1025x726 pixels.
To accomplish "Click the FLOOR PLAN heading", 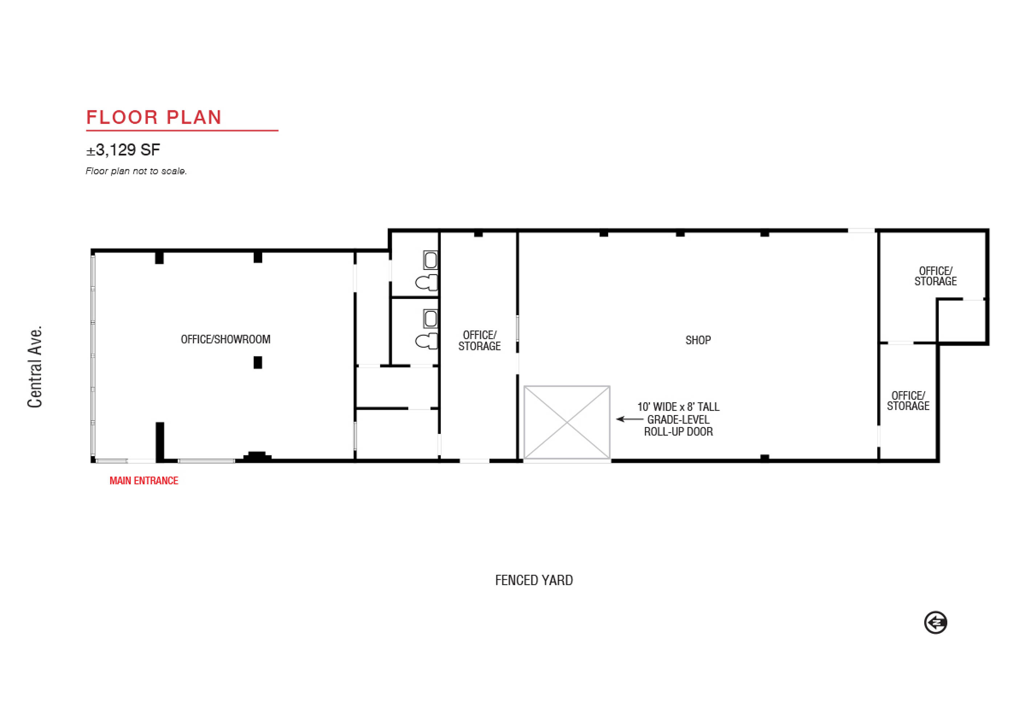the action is pyautogui.click(x=154, y=117).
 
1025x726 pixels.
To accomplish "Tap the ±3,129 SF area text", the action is pyautogui.click(x=123, y=150).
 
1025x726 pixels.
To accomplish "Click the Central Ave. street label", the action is pyautogui.click(x=35, y=367).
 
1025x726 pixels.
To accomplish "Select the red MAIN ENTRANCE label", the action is pyautogui.click(x=144, y=481).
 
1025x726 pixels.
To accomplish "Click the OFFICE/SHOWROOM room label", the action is pyautogui.click(x=225, y=339).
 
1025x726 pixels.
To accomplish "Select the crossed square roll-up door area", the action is pyautogui.click(x=567, y=423).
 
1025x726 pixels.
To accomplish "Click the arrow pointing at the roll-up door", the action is pyautogui.click(x=629, y=419).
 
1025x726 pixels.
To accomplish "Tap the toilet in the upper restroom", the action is pyautogui.click(x=426, y=283).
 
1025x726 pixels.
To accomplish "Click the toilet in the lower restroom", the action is pyautogui.click(x=426, y=342).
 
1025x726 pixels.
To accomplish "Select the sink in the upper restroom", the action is pyautogui.click(x=430, y=260).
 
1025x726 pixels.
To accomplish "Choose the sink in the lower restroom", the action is pyautogui.click(x=430, y=319).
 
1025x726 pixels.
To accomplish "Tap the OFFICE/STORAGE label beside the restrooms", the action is pyautogui.click(x=479, y=340).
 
